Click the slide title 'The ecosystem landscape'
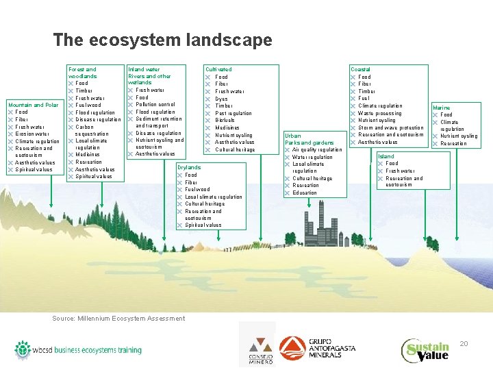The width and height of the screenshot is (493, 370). click(162, 40)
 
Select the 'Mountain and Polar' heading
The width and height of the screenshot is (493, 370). click(33, 105)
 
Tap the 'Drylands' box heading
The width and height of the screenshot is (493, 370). click(189, 167)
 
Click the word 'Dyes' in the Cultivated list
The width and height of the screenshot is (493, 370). click(221, 99)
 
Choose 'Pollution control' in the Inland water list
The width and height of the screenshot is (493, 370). click(155, 105)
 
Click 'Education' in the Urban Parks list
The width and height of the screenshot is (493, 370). click(305, 193)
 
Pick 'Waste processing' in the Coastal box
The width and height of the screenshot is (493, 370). click(380, 113)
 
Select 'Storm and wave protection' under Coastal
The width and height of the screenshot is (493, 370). click(391, 127)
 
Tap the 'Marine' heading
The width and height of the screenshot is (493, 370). click(442, 108)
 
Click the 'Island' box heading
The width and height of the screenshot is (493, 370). click(386, 156)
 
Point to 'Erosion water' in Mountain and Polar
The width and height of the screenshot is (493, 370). click(33, 134)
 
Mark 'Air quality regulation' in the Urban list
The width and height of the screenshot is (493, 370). click(317, 149)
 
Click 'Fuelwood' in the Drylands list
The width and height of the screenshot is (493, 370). click(198, 189)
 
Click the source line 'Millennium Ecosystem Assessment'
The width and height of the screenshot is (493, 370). click(118, 318)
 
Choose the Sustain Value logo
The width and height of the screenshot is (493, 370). click(425, 350)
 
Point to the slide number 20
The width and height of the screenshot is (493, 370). click(464, 343)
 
